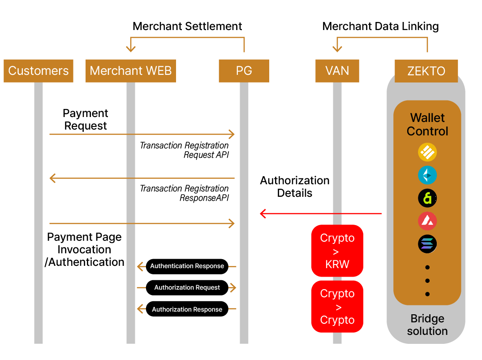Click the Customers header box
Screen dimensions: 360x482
click(39, 71)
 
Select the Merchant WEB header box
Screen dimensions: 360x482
click(131, 71)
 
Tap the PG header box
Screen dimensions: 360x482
click(244, 71)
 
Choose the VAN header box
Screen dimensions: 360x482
click(337, 71)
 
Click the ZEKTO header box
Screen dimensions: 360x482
click(426, 71)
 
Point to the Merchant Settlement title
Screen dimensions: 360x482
click(187, 26)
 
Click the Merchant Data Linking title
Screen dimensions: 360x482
click(380, 26)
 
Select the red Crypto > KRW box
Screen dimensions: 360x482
click(337, 251)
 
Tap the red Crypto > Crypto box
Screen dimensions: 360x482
click(337, 307)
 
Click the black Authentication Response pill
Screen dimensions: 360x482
click(187, 266)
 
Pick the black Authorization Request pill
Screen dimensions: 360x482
click(187, 288)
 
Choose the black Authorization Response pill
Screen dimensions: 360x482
click(187, 309)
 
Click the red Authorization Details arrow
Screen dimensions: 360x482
click(320, 214)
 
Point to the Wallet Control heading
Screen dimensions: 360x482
click(427, 125)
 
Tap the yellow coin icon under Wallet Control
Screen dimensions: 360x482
click(427, 153)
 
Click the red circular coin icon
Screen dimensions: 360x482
click(427, 221)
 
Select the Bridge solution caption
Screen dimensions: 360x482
click(427, 325)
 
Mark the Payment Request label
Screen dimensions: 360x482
click(86, 120)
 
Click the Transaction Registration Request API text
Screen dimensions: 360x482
click(184, 151)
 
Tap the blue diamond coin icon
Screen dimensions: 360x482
click(427, 175)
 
